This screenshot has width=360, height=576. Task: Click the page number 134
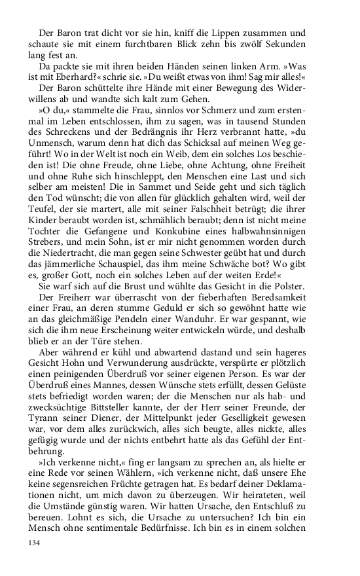coord(34,543)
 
